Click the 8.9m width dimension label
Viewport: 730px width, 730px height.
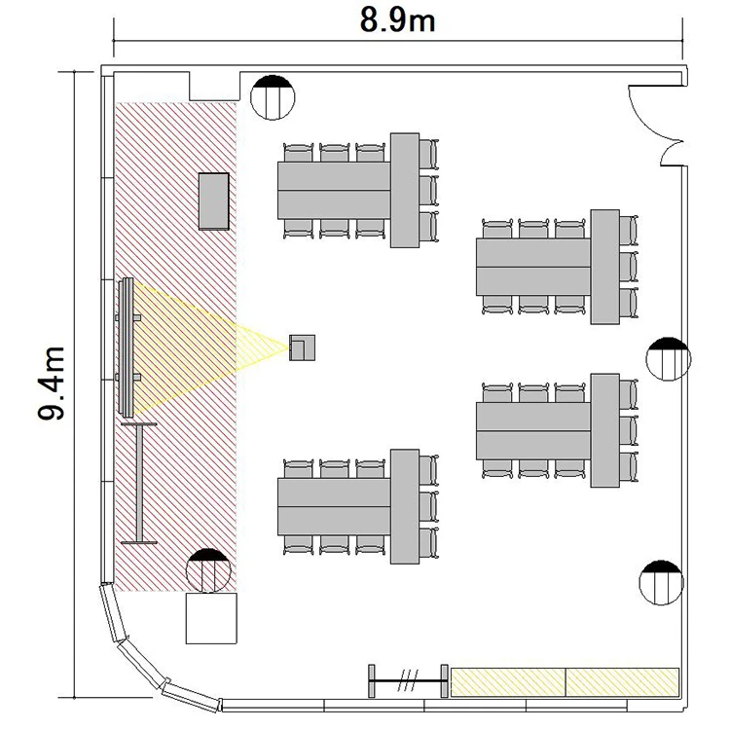pos(397,21)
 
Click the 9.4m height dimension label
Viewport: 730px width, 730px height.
pos(51,383)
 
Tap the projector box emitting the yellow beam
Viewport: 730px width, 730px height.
pos(302,347)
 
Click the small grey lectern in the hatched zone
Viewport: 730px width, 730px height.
pos(214,201)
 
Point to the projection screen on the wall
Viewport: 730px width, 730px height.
pos(127,347)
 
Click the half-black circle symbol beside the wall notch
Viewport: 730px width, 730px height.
pos(273,97)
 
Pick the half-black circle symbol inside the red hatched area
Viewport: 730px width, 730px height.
pos(208,570)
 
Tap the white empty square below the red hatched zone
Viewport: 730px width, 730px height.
pos(211,618)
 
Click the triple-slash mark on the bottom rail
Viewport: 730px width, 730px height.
pos(409,680)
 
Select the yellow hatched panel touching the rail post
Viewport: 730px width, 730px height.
pos(508,682)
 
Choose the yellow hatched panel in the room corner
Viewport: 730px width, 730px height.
pos(623,682)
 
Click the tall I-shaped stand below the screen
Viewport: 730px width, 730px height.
pos(139,483)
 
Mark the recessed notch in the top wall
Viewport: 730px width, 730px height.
pos(214,86)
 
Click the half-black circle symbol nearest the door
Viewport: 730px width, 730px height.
pos(669,359)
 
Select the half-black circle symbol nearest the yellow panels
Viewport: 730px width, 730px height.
pos(662,582)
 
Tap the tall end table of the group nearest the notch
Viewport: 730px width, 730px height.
pos(405,191)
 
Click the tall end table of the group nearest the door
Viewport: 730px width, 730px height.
pos(604,267)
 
